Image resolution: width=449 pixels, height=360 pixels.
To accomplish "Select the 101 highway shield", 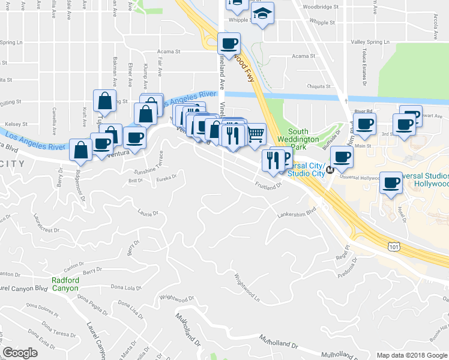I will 394,246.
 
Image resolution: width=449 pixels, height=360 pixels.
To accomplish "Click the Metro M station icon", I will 330,170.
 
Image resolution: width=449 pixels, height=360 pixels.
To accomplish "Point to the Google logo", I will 20,353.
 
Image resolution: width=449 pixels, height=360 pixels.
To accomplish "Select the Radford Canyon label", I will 65,284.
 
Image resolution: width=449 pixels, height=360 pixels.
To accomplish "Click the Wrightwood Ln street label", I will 247,288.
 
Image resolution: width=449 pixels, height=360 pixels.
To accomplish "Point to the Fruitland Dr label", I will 268,185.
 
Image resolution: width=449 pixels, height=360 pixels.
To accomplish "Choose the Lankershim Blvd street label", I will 297,213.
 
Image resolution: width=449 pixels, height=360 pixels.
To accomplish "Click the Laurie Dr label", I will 147,212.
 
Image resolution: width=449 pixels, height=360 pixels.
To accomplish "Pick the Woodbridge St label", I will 321,7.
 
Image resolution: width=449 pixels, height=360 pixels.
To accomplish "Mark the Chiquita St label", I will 319,86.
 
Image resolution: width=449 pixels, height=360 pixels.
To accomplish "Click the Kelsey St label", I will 17,124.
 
